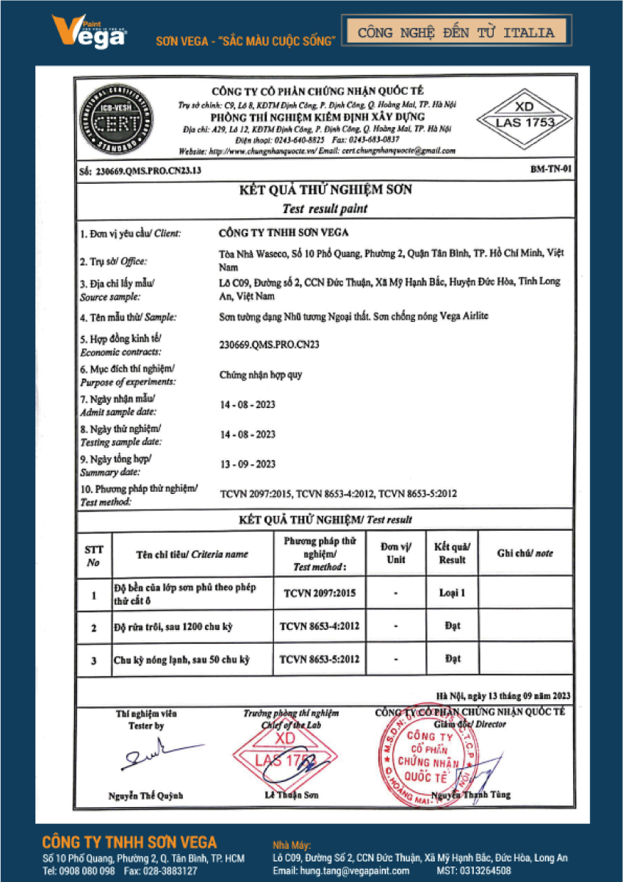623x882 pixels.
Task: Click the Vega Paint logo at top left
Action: point(88,32)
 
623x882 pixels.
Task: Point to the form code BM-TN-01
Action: point(550,170)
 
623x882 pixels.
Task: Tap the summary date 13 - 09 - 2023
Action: point(248,464)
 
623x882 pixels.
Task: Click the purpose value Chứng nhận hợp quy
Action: point(261,375)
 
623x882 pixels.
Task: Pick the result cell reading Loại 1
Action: point(452,592)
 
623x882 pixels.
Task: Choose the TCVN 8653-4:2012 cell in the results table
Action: point(320,626)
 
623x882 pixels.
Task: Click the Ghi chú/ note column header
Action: point(525,553)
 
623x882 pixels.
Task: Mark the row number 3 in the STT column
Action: point(93,661)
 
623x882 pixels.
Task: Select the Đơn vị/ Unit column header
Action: point(396,553)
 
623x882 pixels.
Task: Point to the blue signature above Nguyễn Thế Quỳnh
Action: point(151,755)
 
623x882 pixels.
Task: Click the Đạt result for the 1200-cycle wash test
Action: point(452,626)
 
